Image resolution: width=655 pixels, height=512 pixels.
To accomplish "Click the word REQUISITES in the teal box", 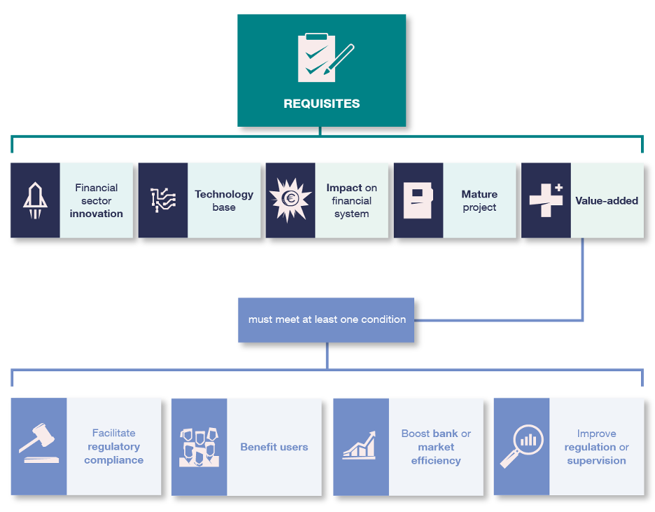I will click(321, 104).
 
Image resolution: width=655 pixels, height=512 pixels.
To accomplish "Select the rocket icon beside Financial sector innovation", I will click(35, 200).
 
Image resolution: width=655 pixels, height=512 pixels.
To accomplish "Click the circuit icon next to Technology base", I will click(163, 200).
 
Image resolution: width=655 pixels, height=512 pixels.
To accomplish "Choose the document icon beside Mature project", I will click(418, 200).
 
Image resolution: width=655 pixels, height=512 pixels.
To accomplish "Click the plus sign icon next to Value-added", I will click(547, 200).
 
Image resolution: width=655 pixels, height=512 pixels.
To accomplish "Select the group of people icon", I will click(199, 447).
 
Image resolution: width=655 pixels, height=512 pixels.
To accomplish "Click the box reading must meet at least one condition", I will click(326, 320).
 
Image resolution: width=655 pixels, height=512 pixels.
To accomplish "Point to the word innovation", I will click(97, 214).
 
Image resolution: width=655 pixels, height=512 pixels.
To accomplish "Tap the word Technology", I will click(224, 194).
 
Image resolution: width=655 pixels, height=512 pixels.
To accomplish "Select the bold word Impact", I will click(344, 188).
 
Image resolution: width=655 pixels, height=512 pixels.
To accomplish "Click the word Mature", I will click(479, 194).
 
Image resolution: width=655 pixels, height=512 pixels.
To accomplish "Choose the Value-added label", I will click(607, 200).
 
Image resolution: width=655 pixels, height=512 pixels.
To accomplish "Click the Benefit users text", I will click(274, 447).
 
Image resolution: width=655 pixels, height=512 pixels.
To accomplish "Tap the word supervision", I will click(596, 460).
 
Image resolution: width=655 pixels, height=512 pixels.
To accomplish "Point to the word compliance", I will click(114, 460).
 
